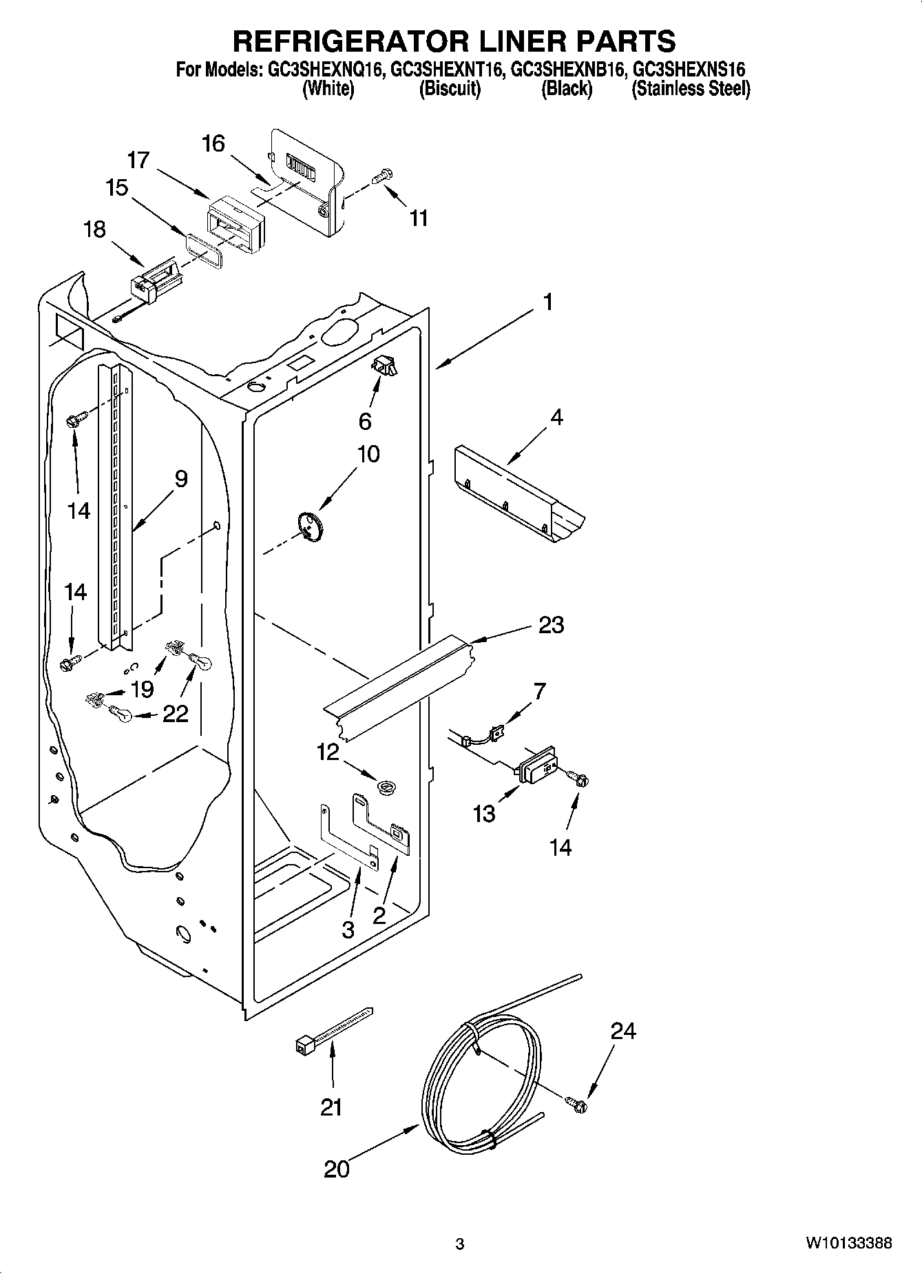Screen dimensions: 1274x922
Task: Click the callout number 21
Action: coord(331,1107)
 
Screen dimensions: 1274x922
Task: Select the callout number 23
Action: coord(551,625)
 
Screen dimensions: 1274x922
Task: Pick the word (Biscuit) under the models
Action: coord(450,89)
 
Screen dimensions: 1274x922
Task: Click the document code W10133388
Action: coord(848,1244)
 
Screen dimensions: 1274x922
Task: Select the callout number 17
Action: coord(138,160)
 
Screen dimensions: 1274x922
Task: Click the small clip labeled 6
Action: coord(384,366)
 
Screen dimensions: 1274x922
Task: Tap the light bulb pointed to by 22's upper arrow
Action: coord(201,662)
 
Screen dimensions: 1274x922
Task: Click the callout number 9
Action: coord(180,478)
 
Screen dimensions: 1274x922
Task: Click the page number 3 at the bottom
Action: coord(460,1244)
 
